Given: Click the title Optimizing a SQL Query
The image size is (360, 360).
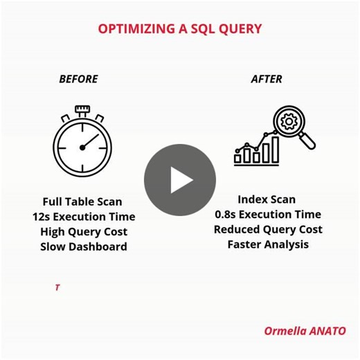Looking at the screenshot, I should tap(179, 28).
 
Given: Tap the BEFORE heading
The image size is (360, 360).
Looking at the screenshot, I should tap(78, 79).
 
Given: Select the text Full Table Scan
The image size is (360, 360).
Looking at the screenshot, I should tap(82, 201).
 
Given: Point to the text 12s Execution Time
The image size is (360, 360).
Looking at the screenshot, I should tap(82, 217).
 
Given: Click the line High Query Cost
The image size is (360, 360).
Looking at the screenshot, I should tap(83, 232).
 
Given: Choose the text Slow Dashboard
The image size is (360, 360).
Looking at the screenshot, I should tap(83, 246).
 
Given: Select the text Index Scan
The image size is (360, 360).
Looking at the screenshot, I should tap(267, 199).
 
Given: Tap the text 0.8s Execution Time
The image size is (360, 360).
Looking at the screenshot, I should tap(267, 215).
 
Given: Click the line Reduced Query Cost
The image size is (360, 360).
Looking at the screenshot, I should tap(268, 229).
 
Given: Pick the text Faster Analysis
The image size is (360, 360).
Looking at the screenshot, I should tap(268, 244).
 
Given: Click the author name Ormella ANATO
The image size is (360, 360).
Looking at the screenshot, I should tap(305, 330).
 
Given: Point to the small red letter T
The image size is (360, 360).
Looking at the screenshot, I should tap(57, 287).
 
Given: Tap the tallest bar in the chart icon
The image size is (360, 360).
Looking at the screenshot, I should tap(275, 150).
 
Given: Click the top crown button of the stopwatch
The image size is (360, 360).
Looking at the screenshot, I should tap(82, 109).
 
